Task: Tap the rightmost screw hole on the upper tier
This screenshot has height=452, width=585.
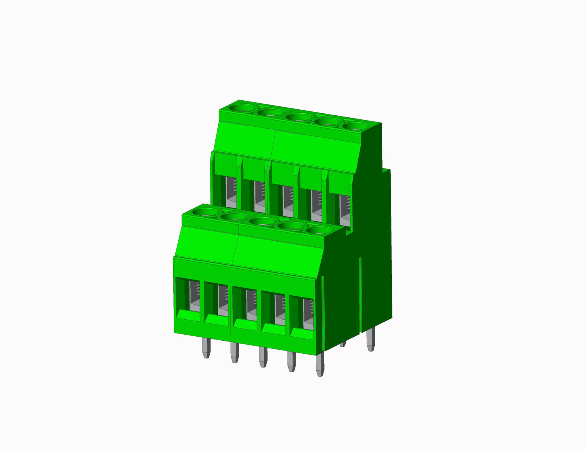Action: click(356, 126)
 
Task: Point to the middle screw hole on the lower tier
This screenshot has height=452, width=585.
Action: click(262, 221)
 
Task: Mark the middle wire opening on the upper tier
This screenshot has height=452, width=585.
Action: click(287, 200)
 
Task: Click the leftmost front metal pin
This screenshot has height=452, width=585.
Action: click(206, 348)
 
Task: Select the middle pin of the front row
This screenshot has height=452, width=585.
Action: click(263, 357)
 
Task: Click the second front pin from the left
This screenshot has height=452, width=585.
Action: click(234, 353)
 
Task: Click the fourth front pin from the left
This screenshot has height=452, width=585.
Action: click(291, 362)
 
